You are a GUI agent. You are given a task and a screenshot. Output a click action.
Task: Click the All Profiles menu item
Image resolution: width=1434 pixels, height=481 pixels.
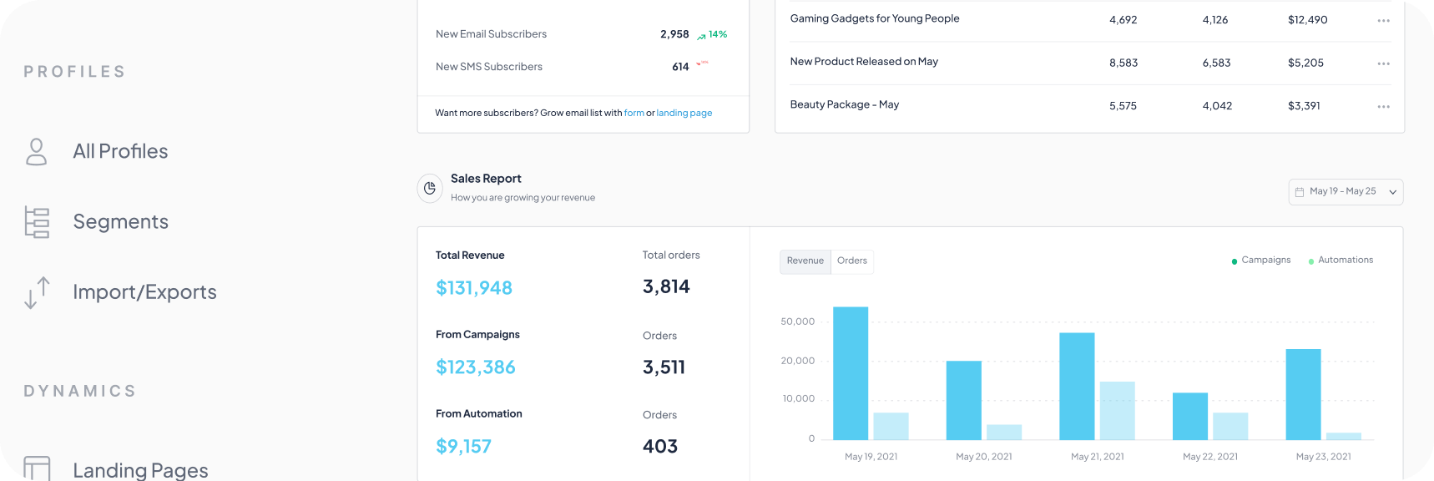120,151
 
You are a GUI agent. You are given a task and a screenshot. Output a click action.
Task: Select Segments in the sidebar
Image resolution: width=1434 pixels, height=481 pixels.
120,221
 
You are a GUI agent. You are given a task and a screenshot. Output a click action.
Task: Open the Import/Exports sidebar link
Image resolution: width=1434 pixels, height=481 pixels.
144,291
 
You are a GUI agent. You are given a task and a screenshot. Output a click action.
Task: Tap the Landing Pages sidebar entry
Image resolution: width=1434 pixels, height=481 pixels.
139,470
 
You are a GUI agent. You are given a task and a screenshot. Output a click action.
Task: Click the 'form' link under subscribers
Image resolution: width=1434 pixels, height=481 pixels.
634,113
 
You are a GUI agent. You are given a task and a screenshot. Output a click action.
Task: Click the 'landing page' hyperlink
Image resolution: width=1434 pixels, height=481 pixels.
684,113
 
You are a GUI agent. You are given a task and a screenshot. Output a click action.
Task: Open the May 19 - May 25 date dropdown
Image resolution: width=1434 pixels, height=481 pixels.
1345,191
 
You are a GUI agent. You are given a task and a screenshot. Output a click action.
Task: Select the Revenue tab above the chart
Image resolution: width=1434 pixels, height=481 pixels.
805,261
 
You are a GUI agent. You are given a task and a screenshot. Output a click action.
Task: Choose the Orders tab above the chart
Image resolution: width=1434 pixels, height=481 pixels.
851,261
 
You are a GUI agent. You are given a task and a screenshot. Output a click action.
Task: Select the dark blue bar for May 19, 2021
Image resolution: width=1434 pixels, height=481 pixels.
851,373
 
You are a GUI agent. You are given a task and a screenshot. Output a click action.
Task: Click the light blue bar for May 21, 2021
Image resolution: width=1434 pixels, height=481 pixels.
1117,410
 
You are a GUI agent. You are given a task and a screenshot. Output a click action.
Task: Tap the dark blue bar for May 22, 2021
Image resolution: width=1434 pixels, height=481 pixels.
1189,416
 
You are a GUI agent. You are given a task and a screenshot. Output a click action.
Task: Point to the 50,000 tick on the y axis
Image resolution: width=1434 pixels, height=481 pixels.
797,322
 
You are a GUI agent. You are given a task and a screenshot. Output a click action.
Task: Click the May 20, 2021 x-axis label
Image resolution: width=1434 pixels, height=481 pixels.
983,457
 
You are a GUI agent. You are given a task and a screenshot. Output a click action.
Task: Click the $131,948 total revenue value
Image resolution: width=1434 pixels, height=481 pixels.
473,288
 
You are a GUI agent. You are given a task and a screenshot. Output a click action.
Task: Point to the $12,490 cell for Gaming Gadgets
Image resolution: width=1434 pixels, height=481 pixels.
1307,20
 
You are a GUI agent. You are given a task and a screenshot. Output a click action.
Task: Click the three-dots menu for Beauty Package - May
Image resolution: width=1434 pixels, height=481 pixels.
1383,107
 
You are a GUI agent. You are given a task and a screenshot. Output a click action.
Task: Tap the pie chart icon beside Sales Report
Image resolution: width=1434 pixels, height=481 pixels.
430,189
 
